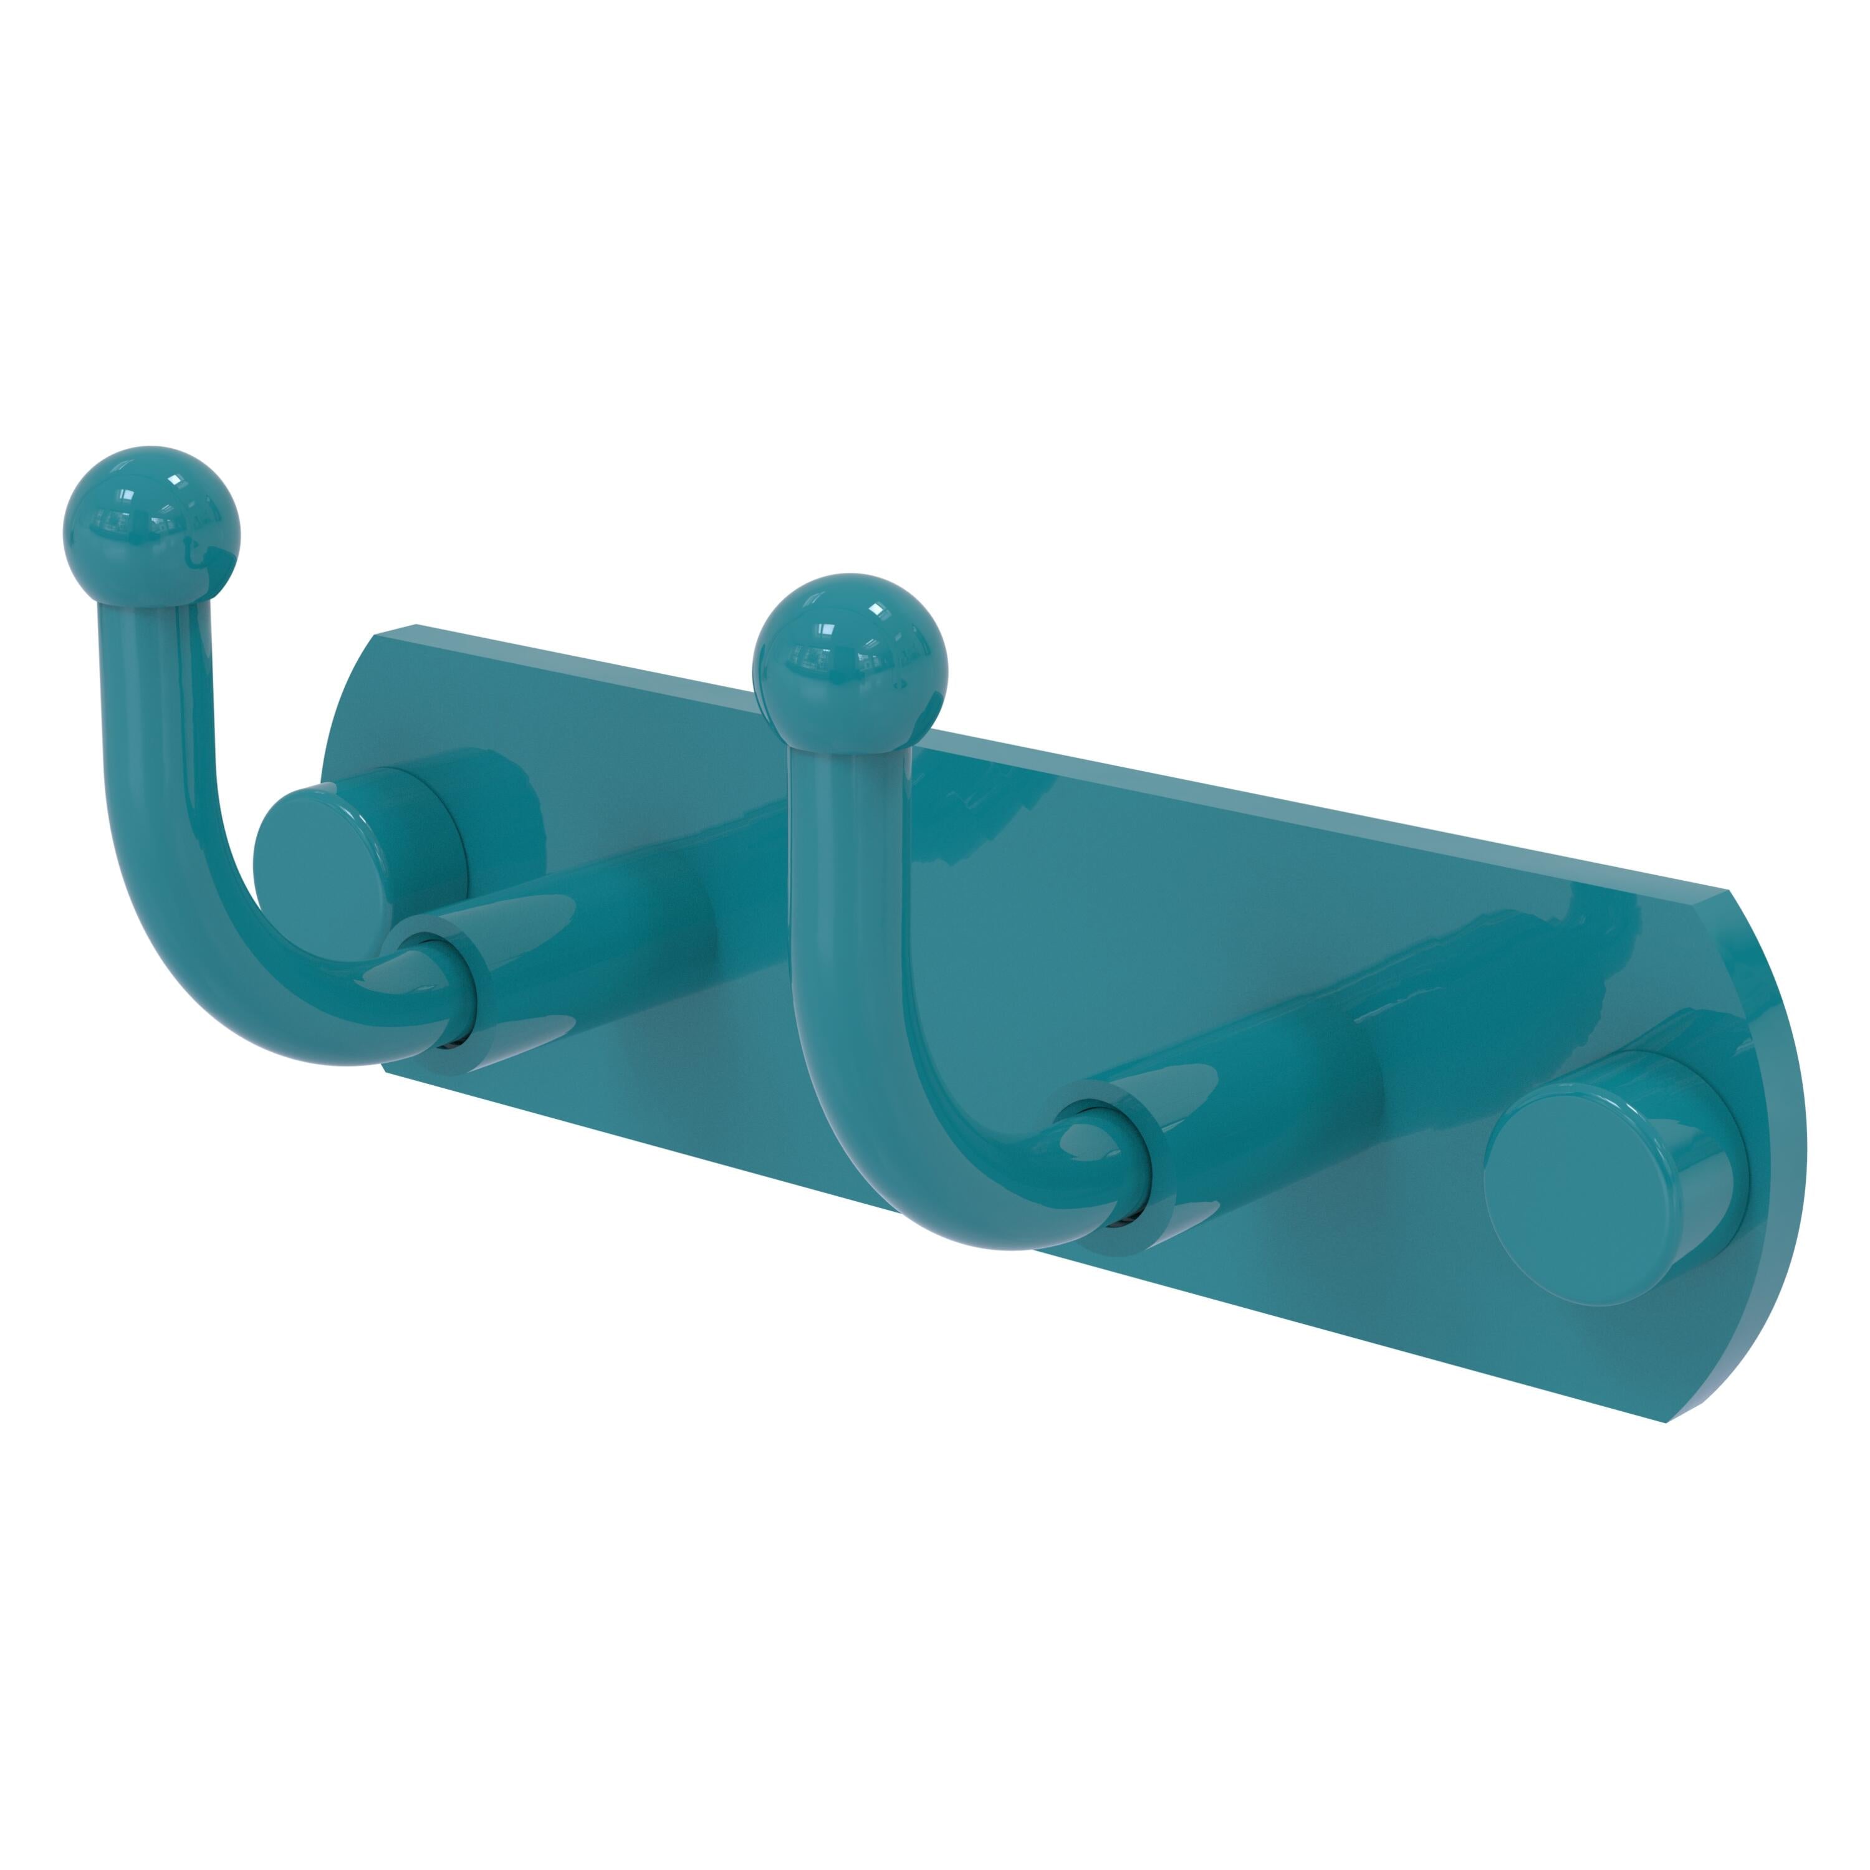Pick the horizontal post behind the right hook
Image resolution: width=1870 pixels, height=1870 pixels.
[1268, 1113]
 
